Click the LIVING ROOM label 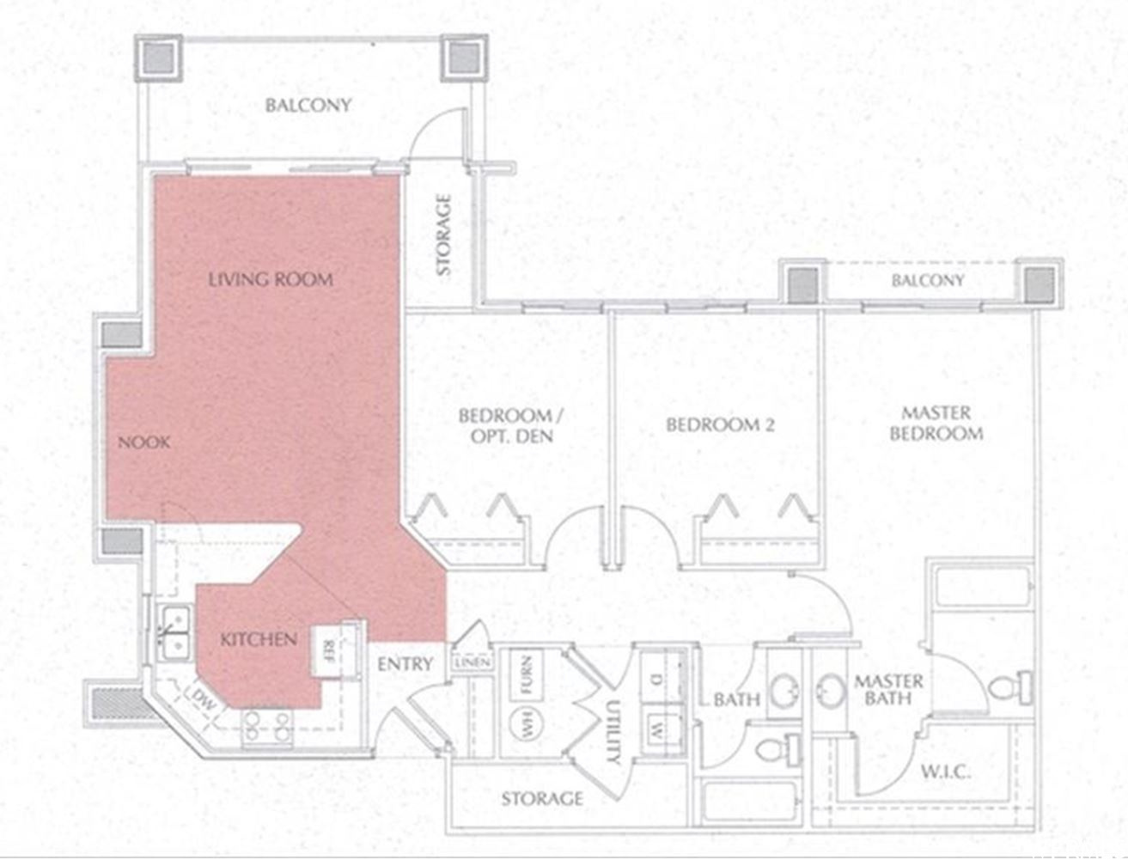coord(271,280)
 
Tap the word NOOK coord(143,442)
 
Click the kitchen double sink coord(174,631)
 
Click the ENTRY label coord(405,664)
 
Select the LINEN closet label coord(475,662)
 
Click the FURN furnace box coord(526,676)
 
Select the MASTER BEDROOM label coord(936,423)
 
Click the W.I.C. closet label coord(946,772)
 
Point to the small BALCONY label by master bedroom coord(927,281)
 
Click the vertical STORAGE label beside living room coord(443,235)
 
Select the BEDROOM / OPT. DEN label coord(510,425)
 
